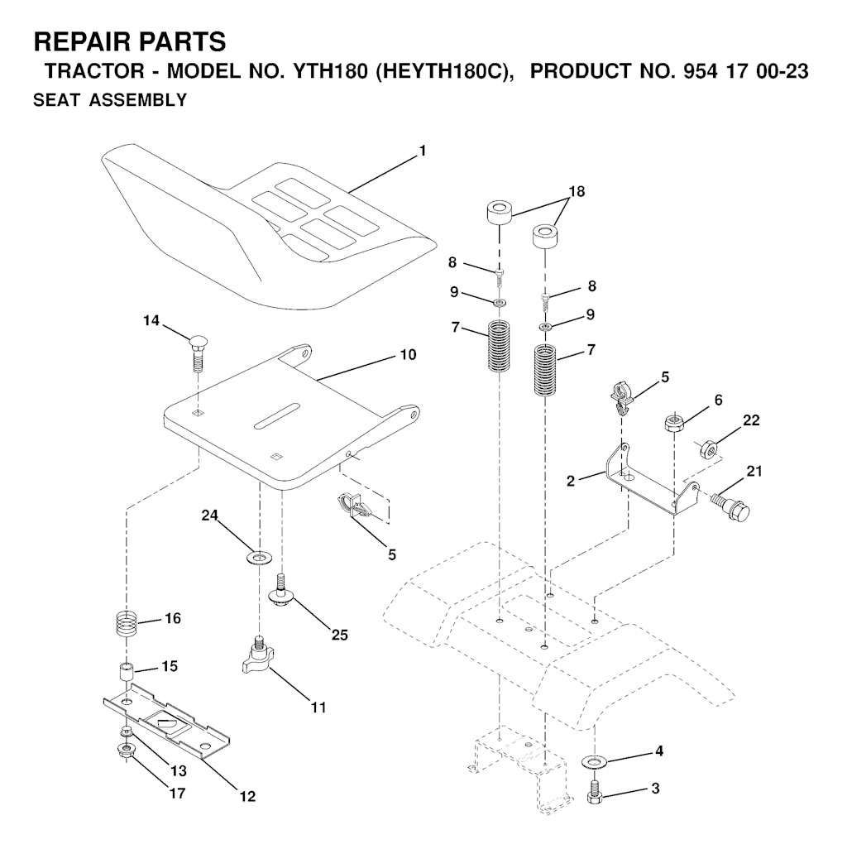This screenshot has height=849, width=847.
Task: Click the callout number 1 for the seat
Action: pos(423,151)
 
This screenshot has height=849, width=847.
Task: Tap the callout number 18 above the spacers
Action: pos(577,192)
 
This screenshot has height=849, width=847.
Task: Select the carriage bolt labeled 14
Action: pos(197,353)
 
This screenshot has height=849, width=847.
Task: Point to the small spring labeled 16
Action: pos(127,625)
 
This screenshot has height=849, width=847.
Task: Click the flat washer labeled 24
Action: pos(259,557)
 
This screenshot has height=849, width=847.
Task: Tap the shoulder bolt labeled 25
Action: pos(281,592)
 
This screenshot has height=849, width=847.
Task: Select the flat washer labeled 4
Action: pos(594,762)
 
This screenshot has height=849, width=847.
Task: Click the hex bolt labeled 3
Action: pos(594,792)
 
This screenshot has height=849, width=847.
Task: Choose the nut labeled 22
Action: pos(707,448)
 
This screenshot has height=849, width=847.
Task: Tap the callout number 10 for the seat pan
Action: pos(408,355)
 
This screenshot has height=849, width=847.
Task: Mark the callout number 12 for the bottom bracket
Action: pos(247,797)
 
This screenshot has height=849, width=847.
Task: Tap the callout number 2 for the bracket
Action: pos(571,481)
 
